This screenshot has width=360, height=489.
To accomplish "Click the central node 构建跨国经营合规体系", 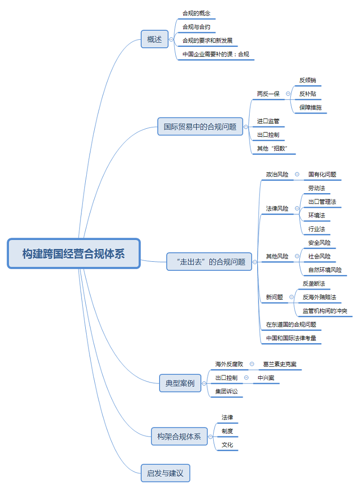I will click(x=74, y=253).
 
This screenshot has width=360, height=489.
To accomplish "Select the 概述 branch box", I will click(x=154, y=39).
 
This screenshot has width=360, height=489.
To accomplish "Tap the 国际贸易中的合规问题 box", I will click(x=200, y=126).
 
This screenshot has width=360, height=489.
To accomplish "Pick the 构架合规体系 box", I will click(x=179, y=436).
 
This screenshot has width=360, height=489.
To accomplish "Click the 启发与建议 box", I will click(x=165, y=472).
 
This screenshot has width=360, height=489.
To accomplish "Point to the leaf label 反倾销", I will click(x=307, y=80).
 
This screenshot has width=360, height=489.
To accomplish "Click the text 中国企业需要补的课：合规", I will click(x=216, y=54).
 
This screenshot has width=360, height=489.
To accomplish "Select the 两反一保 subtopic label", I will click(x=269, y=94).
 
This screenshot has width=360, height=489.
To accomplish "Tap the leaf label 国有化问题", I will click(x=322, y=174).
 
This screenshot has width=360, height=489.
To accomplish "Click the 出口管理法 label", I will click(x=322, y=202).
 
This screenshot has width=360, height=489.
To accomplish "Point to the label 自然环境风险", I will click(x=325, y=270).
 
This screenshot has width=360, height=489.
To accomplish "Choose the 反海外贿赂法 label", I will click(x=319, y=297).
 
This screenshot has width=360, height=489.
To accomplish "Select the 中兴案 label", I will click(x=266, y=378).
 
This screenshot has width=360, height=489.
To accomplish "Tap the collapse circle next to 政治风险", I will click(x=297, y=174).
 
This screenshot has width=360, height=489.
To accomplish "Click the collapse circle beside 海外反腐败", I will click(x=252, y=364).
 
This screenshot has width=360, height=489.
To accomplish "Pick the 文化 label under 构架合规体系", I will click(x=227, y=445).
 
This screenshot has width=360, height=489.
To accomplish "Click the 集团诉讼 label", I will click(x=226, y=391).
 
